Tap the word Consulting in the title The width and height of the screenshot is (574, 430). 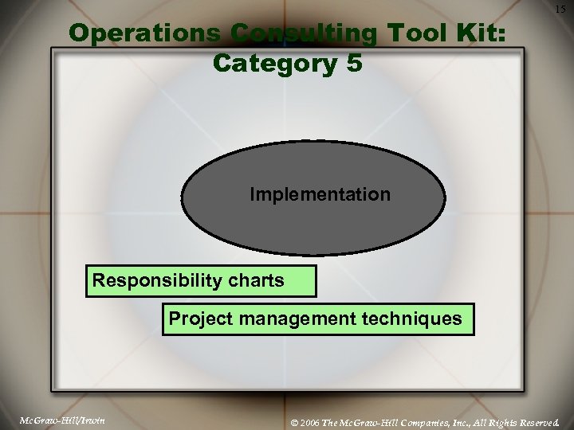[304, 33]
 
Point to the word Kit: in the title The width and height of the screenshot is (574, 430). [482, 33]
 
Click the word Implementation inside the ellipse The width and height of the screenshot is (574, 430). [320, 194]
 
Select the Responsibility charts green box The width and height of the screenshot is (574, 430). [201, 281]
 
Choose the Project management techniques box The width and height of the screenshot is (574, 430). [317, 319]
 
